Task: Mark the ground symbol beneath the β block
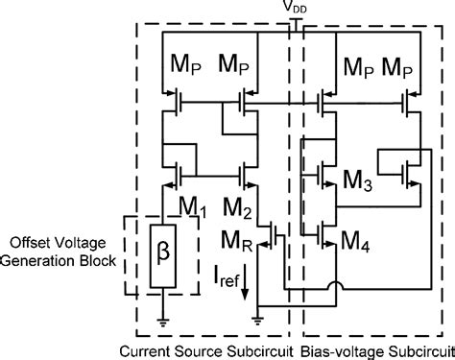[x=164, y=322]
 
